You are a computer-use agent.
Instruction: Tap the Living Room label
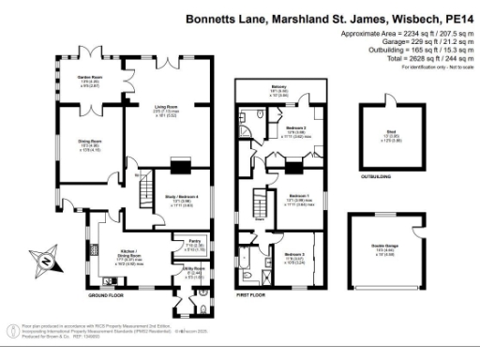tap(166, 107)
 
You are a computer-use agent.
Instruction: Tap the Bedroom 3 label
tap(294, 254)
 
